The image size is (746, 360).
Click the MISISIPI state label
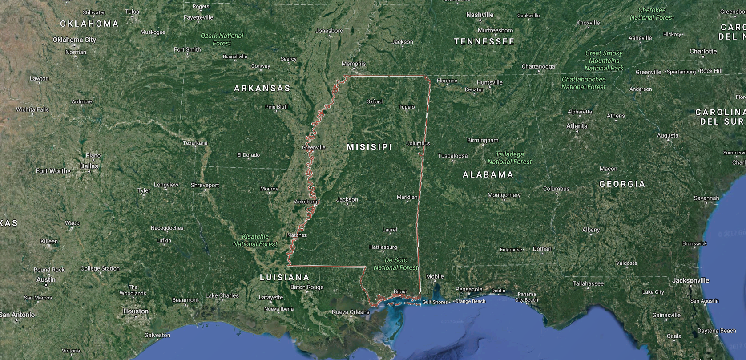(369, 147)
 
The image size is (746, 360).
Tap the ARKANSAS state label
(262, 89)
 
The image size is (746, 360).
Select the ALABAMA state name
(488, 175)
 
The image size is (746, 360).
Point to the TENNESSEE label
(484, 42)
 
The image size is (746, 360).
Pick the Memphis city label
(354, 64)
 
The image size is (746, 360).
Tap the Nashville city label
(480, 15)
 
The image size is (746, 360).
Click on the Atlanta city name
(577, 126)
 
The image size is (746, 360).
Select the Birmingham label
(483, 140)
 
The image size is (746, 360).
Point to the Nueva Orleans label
(351, 312)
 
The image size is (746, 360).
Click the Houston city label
(136, 311)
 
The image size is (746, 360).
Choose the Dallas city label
(89, 166)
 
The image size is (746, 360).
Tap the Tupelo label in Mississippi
(407, 107)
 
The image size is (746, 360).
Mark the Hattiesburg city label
(383, 247)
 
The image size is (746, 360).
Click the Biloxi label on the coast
(400, 292)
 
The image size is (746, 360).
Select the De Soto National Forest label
(395, 264)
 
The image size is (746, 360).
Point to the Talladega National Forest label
(509, 158)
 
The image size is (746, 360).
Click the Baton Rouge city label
(306, 287)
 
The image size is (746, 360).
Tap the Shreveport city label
(205, 185)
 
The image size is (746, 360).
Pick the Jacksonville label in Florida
(690, 281)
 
